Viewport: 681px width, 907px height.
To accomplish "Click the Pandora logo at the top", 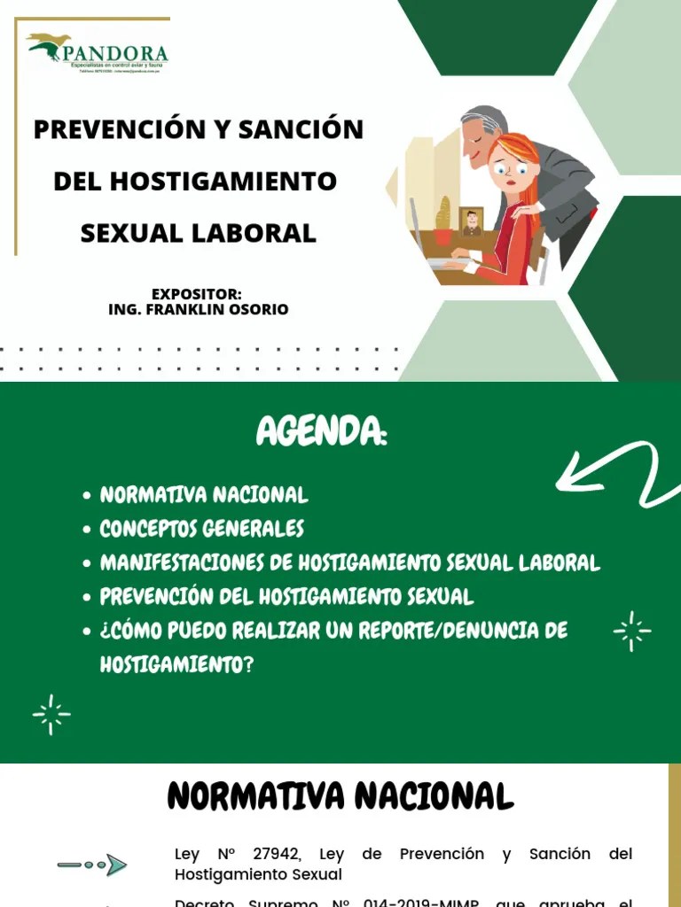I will click(x=98, y=51).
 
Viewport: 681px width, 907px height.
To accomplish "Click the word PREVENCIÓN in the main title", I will click(x=115, y=129).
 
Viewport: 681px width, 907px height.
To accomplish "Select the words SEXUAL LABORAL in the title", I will click(x=198, y=233).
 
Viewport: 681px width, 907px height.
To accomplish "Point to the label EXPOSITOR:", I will click(x=197, y=294).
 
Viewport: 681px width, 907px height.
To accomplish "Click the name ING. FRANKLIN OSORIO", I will click(x=198, y=310).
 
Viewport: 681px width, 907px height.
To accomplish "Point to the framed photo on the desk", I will click(x=472, y=221).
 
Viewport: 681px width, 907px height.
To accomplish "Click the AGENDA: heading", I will click(x=322, y=432).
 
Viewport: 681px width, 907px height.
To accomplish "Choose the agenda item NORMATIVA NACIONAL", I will click(x=204, y=495).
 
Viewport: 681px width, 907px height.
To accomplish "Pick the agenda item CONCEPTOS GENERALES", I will click(x=201, y=529).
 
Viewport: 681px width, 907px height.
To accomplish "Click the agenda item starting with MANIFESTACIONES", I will click(x=349, y=562).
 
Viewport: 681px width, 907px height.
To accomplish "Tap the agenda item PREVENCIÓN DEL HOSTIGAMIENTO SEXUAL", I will click(x=286, y=596).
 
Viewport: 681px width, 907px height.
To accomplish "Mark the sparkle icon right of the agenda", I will click(x=632, y=631).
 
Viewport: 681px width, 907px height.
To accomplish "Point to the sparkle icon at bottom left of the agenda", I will click(x=51, y=715).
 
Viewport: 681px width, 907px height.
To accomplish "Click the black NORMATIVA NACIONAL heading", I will click(x=340, y=796).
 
